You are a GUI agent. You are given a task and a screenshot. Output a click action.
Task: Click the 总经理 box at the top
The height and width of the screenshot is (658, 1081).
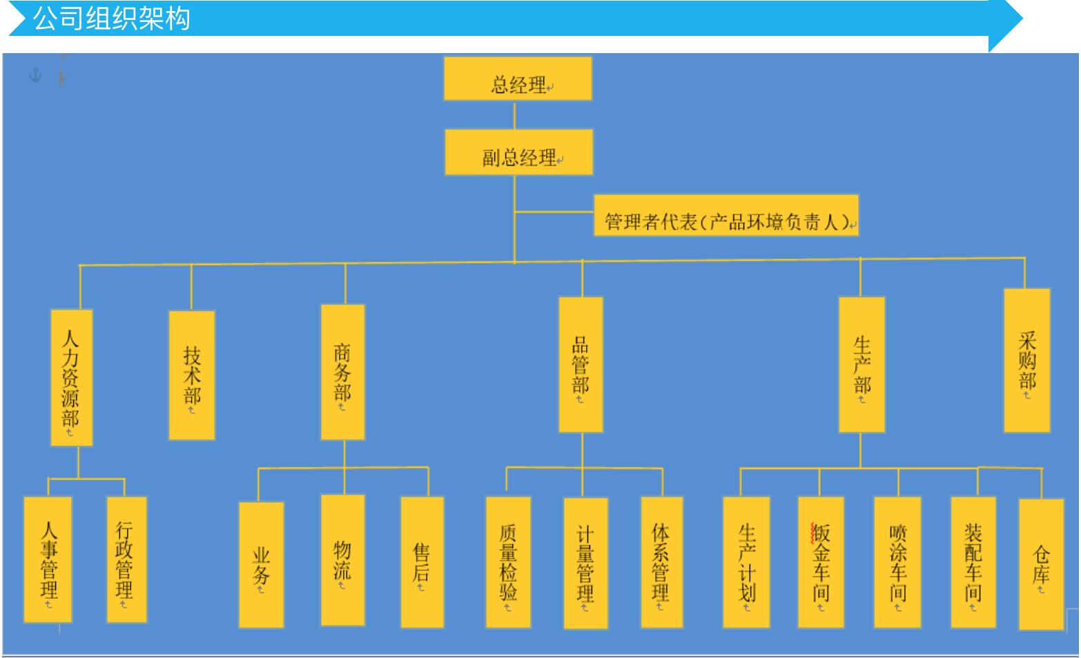[x=518, y=79]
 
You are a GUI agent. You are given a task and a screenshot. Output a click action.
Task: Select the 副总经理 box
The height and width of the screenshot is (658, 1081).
[x=518, y=152]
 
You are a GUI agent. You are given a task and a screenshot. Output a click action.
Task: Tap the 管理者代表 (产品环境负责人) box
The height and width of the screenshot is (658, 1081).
[x=725, y=216]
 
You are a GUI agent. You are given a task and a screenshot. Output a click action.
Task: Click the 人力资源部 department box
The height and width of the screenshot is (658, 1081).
[x=71, y=377]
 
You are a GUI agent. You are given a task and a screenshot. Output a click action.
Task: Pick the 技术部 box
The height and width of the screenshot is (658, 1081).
[x=192, y=375]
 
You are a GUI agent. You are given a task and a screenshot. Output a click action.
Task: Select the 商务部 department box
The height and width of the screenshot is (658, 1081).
[x=342, y=372]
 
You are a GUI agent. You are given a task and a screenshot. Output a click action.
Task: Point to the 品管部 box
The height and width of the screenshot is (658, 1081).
[x=581, y=365]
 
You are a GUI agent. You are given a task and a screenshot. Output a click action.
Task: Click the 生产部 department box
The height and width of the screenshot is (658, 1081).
[x=861, y=365]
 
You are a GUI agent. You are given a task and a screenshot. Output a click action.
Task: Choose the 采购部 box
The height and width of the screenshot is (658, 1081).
[x=1026, y=361]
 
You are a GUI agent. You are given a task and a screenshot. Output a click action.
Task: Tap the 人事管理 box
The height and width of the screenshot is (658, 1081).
[x=48, y=559]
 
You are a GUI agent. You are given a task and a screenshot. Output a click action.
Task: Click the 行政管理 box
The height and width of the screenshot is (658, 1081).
[x=126, y=559]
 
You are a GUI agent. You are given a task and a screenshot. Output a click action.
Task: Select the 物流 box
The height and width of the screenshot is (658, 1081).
[x=342, y=560]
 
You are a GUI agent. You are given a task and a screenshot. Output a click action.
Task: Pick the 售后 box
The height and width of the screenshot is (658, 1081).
[x=422, y=562]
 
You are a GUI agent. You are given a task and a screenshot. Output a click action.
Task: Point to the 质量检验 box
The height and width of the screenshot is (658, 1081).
[x=508, y=562]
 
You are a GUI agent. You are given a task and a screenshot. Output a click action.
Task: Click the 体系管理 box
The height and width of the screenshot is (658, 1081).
[x=661, y=562]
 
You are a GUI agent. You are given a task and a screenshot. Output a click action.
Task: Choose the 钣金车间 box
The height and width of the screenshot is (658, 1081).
[x=821, y=562]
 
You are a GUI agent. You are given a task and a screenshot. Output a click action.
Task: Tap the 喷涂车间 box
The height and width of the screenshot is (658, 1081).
[x=897, y=562]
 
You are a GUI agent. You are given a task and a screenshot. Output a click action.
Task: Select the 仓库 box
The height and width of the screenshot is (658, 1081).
[x=1041, y=564]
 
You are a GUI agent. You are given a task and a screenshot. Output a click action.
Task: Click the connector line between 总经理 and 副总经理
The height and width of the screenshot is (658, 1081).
[x=515, y=115]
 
